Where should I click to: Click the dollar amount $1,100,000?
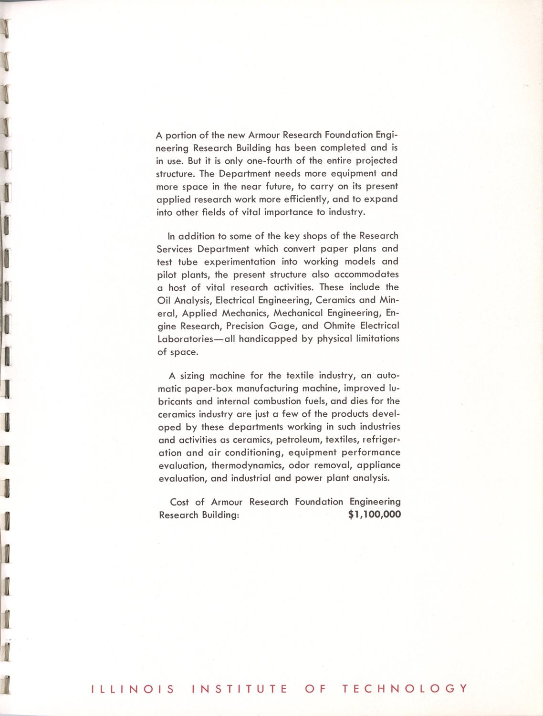[375, 515]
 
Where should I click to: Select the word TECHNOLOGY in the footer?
[404, 689]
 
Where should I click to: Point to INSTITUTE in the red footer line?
[239, 689]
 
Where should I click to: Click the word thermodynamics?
[248, 465]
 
